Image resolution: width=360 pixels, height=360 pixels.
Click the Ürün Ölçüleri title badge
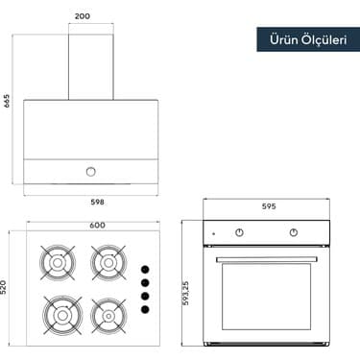point(301,39)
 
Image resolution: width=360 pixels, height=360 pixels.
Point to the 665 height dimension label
point(8,102)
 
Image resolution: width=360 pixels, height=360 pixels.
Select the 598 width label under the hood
point(96,203)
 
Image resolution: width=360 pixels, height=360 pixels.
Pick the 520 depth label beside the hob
point(7,286)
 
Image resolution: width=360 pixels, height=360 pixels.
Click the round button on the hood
point(90,171)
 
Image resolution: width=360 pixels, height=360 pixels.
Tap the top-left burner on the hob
point(57,259)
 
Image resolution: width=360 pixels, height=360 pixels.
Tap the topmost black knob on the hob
point(144,270)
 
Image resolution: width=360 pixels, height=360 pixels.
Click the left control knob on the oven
point(240,233)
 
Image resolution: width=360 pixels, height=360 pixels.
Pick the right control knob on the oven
point(294,233)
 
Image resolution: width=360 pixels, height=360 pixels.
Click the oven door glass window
point(267,297)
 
